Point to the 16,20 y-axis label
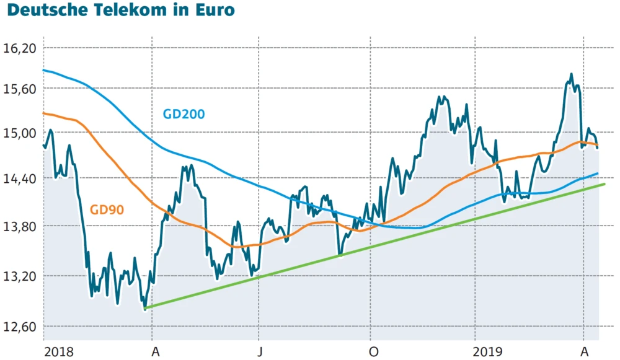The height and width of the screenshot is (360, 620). pyautogui.click(x=21, y=48)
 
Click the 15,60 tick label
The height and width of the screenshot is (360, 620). pyautogui.click(x=21, y=89)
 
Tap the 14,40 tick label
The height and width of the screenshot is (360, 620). pyautogui.click(x=21, y=178)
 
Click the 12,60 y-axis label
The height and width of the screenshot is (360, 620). pyautogui.click(x=21, y=327)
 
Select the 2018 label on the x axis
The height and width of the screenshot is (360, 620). pyautogui.click(x=59, y=352)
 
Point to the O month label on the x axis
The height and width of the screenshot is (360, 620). pyautogui.click(x=373, y=352)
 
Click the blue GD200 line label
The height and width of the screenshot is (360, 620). pyautogui.click(x=184, y=114)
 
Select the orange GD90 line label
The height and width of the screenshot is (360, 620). pyautogui.click(x=107, y=210)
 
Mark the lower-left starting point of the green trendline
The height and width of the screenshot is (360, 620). pyautogui.click(x=144, y=308)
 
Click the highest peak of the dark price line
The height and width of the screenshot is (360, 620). pyautogui.click(x=570, y=75)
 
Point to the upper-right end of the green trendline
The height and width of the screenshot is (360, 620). pyautogui.click(x=604, y=184)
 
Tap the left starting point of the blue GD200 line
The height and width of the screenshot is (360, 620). pyautogui.click(x=43, y=70)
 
